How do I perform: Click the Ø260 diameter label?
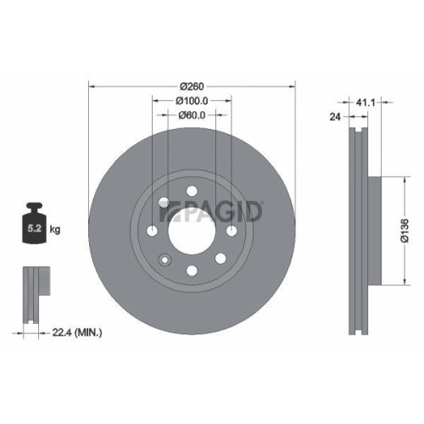[192, 85]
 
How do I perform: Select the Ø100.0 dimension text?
[192, 101]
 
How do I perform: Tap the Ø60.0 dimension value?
[192, 116]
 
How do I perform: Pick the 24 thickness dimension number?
[334, 118]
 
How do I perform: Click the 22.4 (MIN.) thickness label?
[77, 333]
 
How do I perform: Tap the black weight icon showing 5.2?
[36, 226]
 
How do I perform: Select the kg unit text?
[56, 230]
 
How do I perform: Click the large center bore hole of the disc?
[192, 230]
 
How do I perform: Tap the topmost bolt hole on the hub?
[192, 190]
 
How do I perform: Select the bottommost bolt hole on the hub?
[192, 270]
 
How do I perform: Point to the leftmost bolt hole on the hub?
[152, 230]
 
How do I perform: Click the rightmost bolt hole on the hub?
[232, 230]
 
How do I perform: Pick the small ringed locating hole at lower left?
[165, 259]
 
